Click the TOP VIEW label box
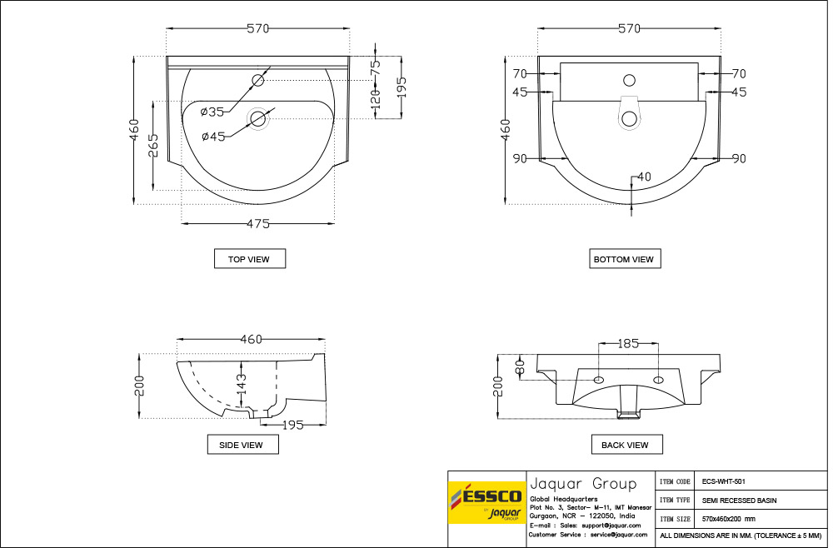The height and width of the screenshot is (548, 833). click(250, 259)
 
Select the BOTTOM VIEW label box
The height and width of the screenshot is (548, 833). click(625, 259)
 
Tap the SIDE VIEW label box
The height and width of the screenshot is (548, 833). click(242, 445)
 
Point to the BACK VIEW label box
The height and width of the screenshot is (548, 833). click(627, 445)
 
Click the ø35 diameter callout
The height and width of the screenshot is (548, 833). click(212, 112)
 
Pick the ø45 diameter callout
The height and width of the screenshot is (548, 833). click(213, 137)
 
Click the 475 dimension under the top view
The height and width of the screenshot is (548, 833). click(258, 223)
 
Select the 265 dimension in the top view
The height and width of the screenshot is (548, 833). click(153, 146)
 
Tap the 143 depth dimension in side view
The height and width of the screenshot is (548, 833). click(242, 384)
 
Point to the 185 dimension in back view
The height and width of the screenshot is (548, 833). click(628, 344)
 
